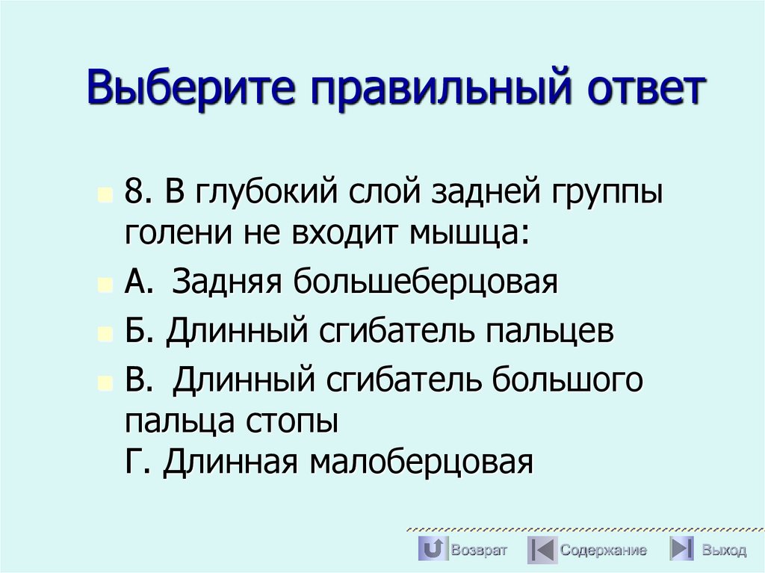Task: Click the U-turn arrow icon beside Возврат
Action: tap(432, 550)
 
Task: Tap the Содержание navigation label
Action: tap(603, 551)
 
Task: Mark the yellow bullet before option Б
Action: tap(105, 333)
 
